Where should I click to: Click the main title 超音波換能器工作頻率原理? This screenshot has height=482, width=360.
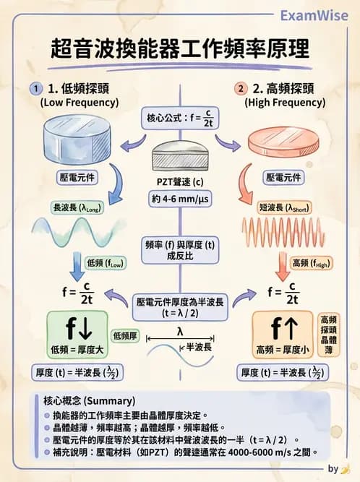180,49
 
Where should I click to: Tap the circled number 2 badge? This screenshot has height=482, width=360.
241,89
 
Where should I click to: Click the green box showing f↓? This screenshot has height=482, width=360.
78,335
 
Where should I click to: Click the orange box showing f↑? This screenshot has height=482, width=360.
283,335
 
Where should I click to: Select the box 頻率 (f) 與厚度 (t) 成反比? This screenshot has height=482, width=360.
179,249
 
